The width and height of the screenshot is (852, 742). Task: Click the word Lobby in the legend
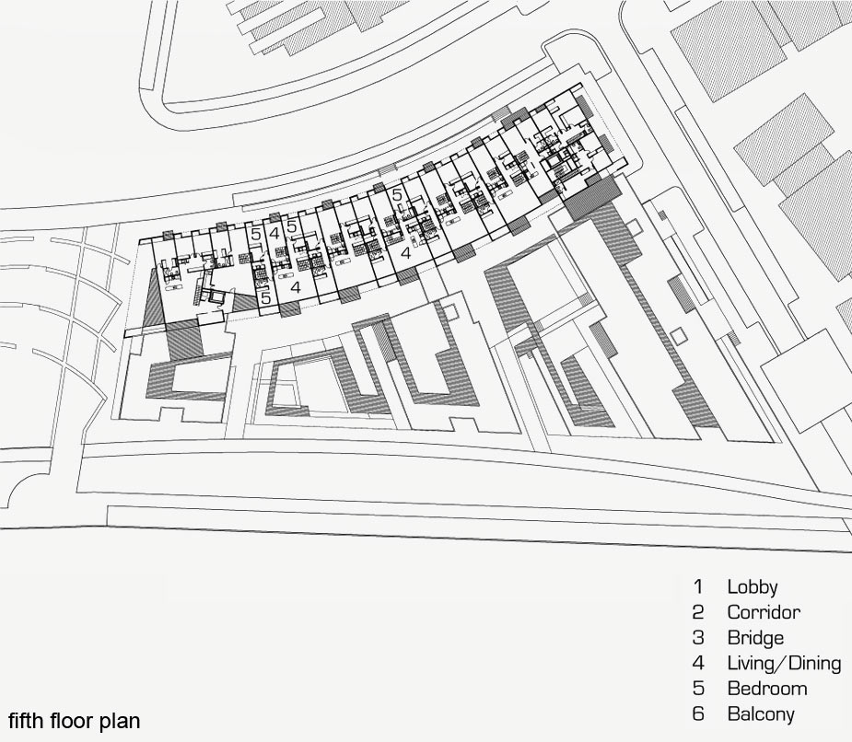pyautogui.click(x=752, y=586)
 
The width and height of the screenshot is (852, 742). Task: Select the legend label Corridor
pyautogui.click(x=764, y=612)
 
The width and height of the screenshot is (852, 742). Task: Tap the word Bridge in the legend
pyautogui.click(x=755, y=638)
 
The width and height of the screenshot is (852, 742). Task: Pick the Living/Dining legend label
pyautogui.click(x=784, y=663)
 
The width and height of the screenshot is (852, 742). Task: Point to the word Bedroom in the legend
pyautogui.click(x=767, y=689)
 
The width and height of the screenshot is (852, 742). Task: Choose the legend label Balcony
pyautogui.click(x=761, y=713)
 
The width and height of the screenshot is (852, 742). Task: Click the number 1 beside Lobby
pyautogui.click(x=698, y=586)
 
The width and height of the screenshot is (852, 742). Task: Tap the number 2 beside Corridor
pyautogui.click(x=698, y=612)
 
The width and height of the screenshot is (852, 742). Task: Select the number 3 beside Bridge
pyautogui.click(x=698, y=638)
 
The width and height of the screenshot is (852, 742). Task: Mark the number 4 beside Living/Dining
pyautogui.click(x=698, y=663)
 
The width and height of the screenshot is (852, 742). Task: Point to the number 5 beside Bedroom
pyautogui.click(x=698, y=689)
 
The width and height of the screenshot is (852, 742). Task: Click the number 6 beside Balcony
pyautogui.click(x=698, y=713)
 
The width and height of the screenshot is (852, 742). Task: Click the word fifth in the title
pyautogui.click(x=27, y=721)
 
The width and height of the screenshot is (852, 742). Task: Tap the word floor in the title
pyautogui.click(x=72, y=721)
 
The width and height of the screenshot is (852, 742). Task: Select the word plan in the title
pyautogui.click(x=120, y=722)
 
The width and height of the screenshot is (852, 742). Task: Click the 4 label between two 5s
pyautogui.click(x=274, y=234)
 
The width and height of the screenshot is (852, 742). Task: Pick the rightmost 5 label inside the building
pyautogui.click(x=397, y=194)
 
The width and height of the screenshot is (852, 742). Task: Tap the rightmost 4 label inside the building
pyautogui.click(x=405, y=253)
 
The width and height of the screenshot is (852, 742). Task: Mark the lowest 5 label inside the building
pyautogui.click(x=265, y=297)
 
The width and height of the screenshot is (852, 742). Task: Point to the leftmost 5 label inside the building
pyautogui.click(x=256, y=235)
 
